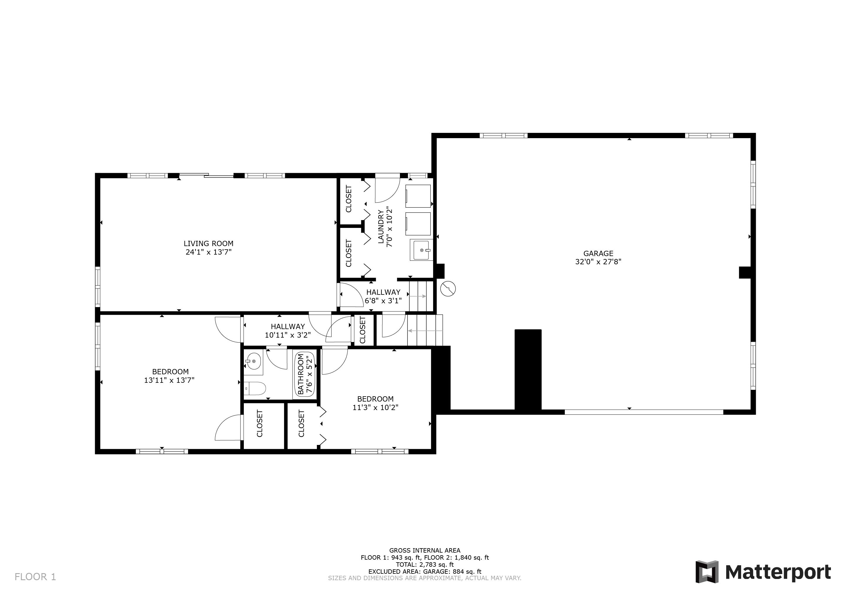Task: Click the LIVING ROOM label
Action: coord(208,243)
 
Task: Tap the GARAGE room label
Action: coord(598,253)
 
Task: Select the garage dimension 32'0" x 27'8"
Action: coord(598,262)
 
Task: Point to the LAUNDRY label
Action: coord(381,226)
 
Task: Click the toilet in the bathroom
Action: coord(256,389)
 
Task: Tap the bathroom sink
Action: coord(254,361)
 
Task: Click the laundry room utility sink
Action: coord(421,250)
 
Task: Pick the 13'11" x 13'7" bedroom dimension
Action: coord(169,380)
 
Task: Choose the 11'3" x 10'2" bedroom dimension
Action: coord(375,407)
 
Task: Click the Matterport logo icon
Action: coord(707,572)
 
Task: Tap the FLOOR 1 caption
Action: coord(35,577)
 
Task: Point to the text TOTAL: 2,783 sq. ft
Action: coord(425,564)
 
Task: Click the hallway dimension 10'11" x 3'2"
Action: coord(288,335)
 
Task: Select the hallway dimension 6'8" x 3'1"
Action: coord(383,300)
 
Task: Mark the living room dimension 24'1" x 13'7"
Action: coord(208,252)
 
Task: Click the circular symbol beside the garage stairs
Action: coord(448,289)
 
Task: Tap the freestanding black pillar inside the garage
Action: coord(528,369)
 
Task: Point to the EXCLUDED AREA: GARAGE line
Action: coord(425,571)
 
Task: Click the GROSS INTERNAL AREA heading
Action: coord(425,550)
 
